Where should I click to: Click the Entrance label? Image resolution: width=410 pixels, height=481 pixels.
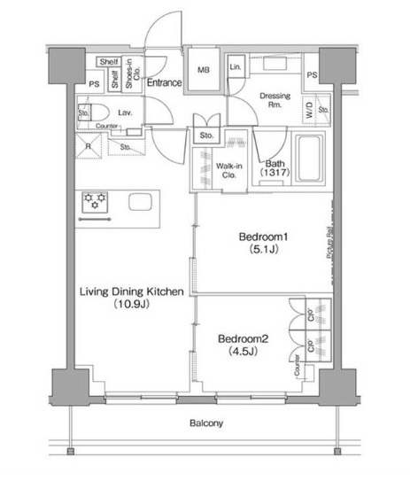pyautogui.click(x=165, y=83)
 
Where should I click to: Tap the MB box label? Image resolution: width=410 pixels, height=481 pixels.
pyautogui.click(x=203, y=70)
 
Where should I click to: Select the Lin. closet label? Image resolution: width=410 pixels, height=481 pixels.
pyautogui.click(x=236, y=67)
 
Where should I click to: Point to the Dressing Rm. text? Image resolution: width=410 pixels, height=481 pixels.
pyautogui.click(x=275, y=100)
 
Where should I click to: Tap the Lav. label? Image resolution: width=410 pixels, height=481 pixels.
pyautogui.click(x=125, y=113)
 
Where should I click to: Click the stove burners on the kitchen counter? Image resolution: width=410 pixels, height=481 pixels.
pyautogui.click(x=95, y=201)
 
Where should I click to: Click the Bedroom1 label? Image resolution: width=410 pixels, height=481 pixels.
pyautogui.click(x=264, y=237)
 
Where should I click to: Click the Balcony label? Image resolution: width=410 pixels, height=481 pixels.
pyautogui.click(x=205, y=423)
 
